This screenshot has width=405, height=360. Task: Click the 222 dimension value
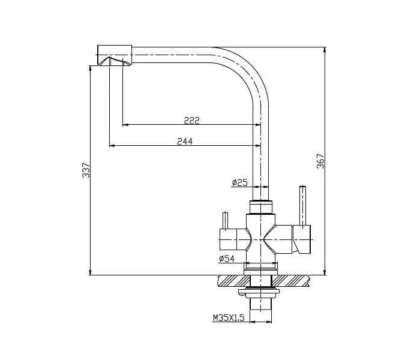(x=191, y=120)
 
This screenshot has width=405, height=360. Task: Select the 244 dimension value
(x=185, y=141)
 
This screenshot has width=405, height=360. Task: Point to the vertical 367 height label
(x=320, y=161)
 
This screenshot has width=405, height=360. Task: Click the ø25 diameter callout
(x=239, y=182)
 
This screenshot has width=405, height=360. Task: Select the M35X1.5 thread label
(x=228, y=319)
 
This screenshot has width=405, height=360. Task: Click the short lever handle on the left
(x=225, y=220)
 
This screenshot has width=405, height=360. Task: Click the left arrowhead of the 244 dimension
(x=112, y=145)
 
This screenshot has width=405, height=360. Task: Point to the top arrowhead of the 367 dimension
(x=325, y=48)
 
